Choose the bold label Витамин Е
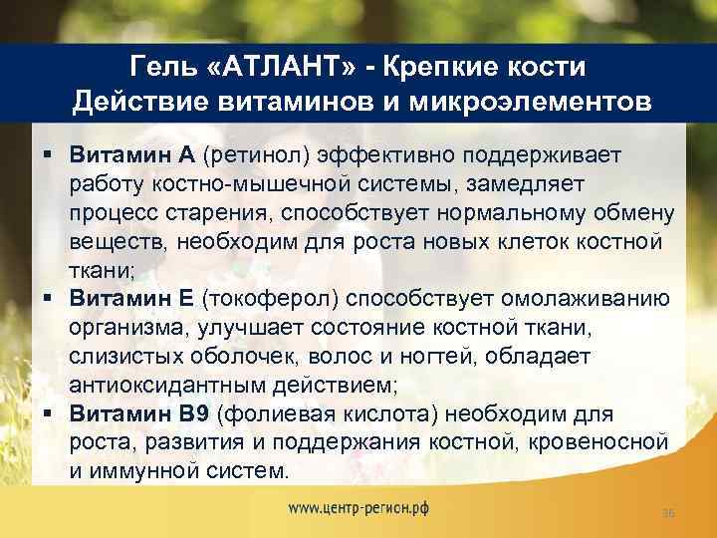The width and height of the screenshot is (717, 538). [x=131, y=300]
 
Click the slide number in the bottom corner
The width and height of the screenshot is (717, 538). [x=668, y=512]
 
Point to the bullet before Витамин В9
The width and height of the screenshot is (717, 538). [x=48, y=414]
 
